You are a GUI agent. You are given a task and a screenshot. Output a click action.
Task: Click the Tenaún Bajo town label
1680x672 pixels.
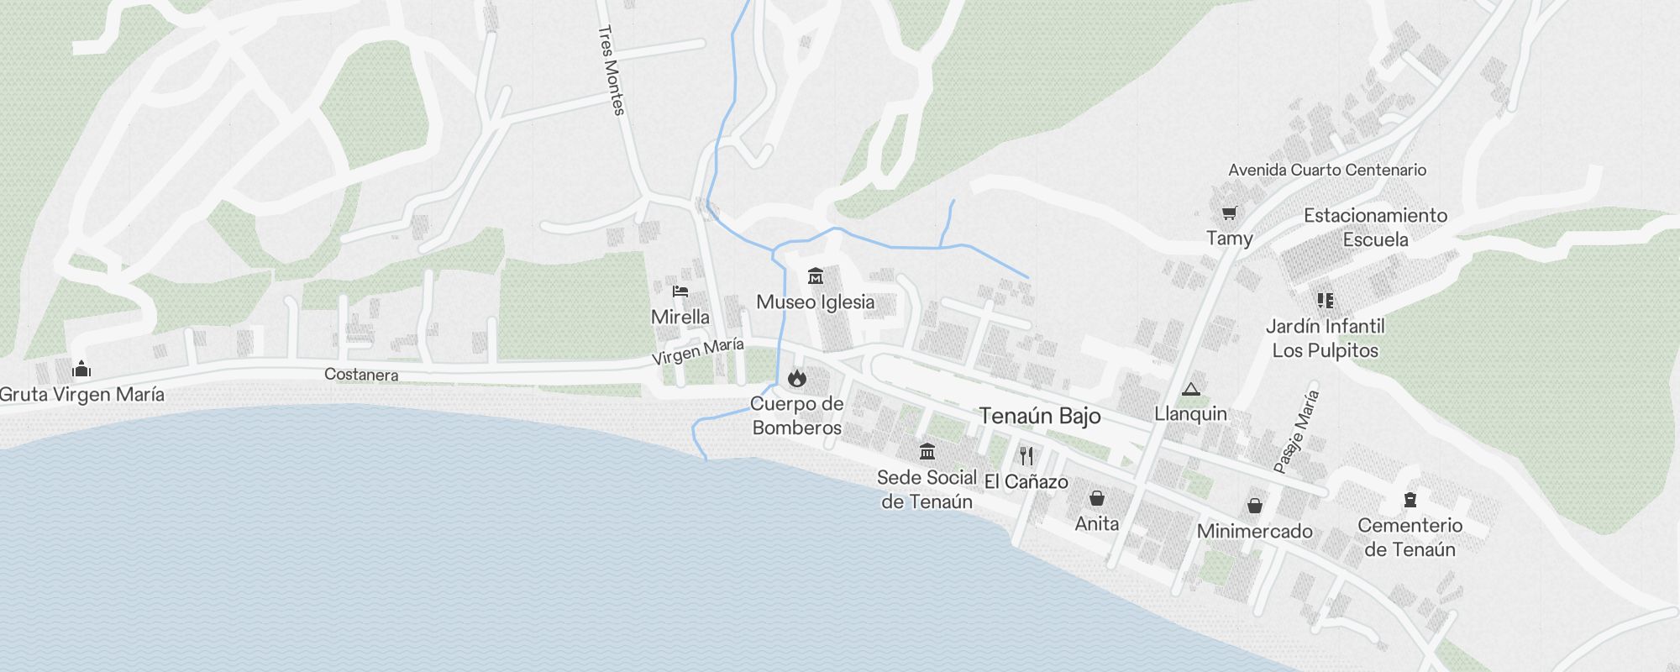click(x=1039, y=416)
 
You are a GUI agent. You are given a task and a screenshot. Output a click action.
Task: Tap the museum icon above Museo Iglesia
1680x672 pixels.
click(x=815, y=276)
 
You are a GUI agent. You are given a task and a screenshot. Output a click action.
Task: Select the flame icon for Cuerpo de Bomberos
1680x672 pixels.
click(x=796, y=378)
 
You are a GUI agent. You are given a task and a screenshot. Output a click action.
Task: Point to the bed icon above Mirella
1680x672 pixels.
click(x=680, y=291)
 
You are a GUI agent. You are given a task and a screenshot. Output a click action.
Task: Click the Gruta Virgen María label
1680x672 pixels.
click(x=82, y=395)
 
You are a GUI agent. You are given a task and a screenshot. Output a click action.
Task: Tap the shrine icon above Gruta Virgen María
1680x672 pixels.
click(x=81, y=369)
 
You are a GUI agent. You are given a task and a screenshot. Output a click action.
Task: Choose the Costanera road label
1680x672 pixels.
click(x=361, y=375)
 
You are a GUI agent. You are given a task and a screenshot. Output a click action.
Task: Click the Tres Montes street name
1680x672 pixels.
click(x=612, y=70)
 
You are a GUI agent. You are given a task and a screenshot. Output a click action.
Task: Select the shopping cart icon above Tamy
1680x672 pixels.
click(x=1230, y=213)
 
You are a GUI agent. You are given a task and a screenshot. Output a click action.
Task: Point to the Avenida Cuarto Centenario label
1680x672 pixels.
click(x=1327, y=170)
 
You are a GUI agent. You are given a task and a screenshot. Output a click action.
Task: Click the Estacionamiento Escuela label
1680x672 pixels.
click(x=1375, y=227)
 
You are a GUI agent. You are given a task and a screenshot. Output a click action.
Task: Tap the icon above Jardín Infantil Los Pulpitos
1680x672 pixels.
click(x=1326, y=300)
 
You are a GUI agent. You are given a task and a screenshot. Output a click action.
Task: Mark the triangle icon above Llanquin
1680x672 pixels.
click(x=1190, y=389)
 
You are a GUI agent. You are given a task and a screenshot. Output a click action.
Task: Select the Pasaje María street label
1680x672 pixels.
click(x=1297, y=432)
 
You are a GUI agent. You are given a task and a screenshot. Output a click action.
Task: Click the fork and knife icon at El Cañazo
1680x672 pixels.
click(x=1026, y=456)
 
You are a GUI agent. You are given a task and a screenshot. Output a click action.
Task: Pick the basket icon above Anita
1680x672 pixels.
click(x=1096, y=498)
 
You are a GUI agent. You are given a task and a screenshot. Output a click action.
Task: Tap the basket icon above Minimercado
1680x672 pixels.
click(x=1254, y=505)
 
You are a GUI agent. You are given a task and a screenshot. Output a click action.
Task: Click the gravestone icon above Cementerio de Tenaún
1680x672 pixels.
click(x=1410, y=501)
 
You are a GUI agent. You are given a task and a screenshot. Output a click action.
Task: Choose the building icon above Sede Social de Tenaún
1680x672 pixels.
click(x=927, y=452)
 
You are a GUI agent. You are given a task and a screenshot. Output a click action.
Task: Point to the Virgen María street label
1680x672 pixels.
click(x=698, y=351)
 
